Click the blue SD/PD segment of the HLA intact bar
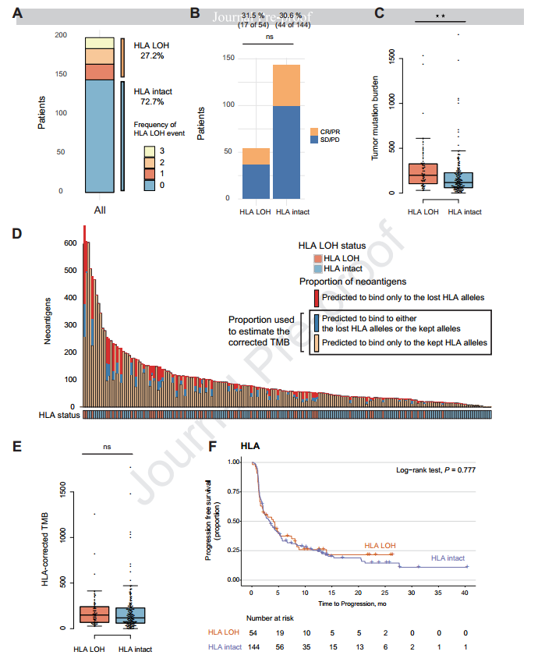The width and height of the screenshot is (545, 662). coord(286,151)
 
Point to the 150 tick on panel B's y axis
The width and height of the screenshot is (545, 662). coord(228,58)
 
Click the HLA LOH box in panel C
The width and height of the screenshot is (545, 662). coord(423,173)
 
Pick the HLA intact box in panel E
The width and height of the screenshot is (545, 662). coord(129,615)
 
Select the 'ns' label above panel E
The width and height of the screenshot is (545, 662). coord(108,448)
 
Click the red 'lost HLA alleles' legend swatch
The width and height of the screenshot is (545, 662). coord(316,297)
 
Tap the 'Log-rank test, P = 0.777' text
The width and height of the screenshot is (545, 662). coord(436,470)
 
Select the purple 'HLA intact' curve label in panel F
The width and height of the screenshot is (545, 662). coord(449,558)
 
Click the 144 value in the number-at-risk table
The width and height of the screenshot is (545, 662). coord(254,647)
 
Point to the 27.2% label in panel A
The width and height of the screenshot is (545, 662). coord(151,57)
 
